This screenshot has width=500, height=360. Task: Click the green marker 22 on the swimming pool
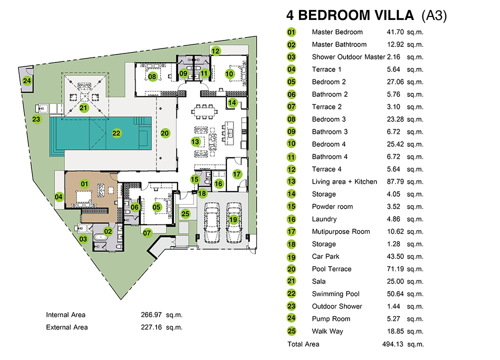(x=116, y=133)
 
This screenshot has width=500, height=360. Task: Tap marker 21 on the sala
(x=83, y=108)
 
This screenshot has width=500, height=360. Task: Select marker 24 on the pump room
(x=27, y=81)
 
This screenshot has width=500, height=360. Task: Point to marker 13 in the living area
(x=195, y=142)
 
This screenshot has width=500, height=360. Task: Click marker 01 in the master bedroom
(x=84, y=184)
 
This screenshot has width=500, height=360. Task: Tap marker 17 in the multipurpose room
(x=236, y=174)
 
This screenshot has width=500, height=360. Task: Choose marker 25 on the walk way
(x=185, y=214)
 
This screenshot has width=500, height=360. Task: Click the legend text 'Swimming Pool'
(x=335, y=294)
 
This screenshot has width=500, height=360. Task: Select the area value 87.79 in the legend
(x=395, y=182)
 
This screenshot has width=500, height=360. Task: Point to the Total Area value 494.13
(x=392, y=344)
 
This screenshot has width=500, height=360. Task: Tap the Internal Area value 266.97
(x=151, y=315)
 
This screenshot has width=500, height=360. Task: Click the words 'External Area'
(x=66, y=327)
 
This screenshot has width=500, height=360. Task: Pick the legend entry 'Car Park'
(x=325, y=257)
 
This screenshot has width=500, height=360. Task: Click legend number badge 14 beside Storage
(x=291, y=194)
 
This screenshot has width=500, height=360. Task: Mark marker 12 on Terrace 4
(x=215, y=51)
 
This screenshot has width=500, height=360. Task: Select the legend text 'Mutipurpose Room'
(x=341, y=232)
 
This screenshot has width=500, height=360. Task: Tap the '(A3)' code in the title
(x=434, y=16)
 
